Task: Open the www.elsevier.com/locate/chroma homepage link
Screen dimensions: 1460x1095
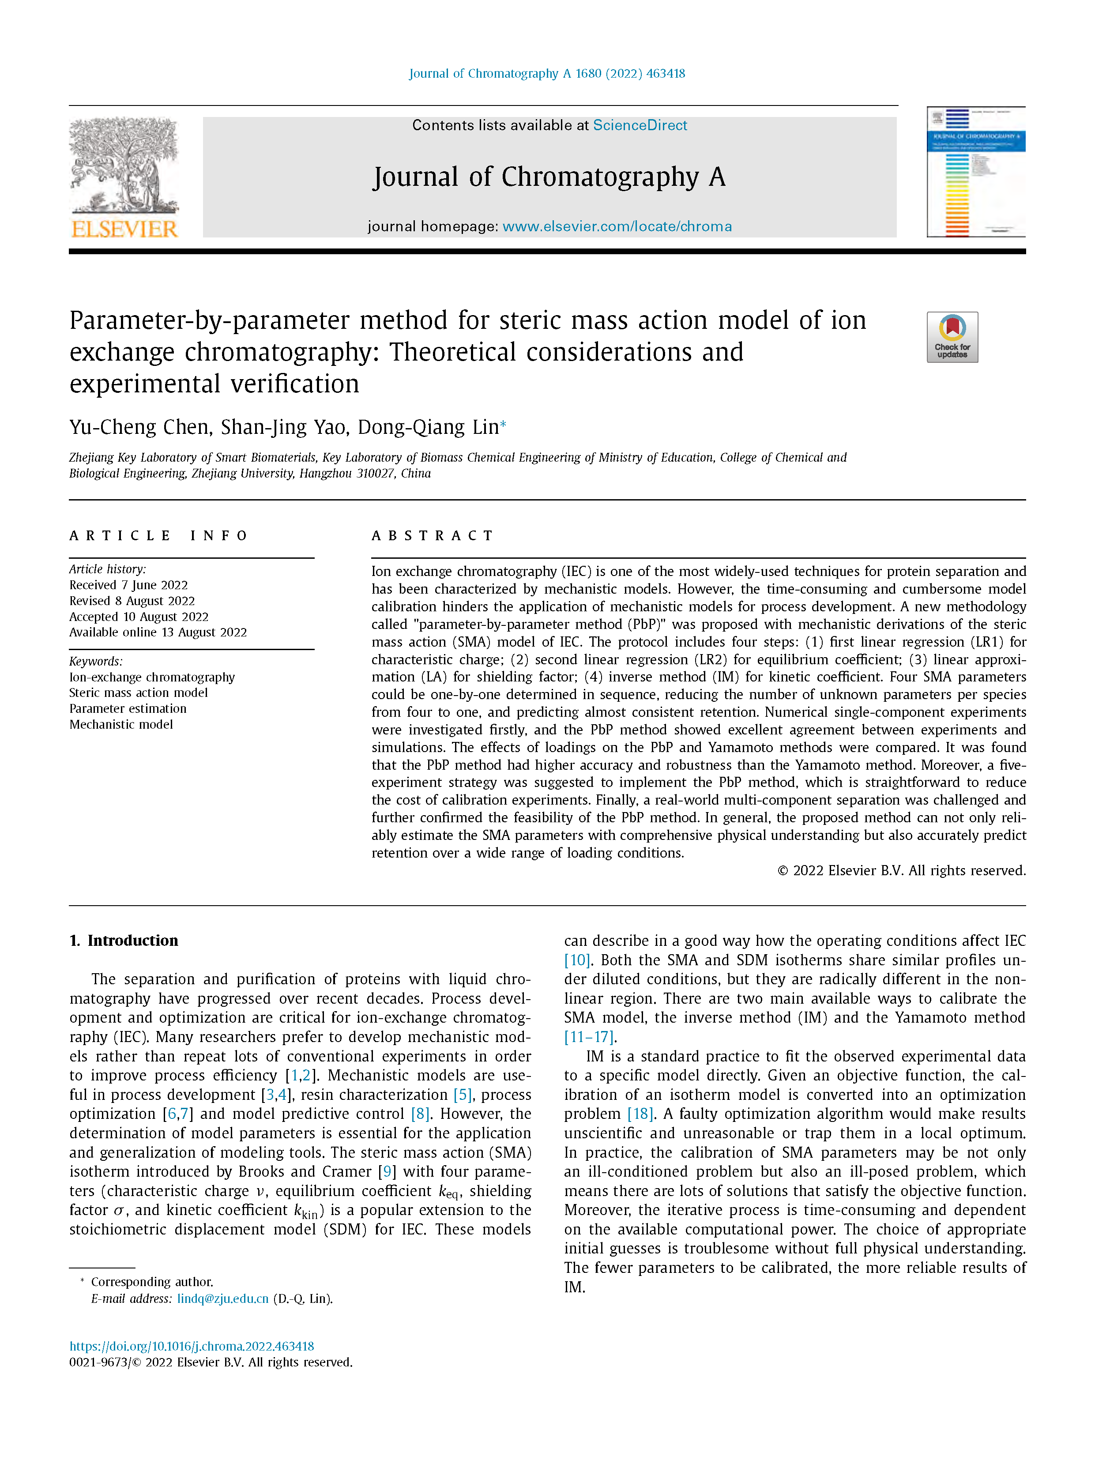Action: [617, 226]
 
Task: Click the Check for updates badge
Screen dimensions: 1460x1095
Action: [952, 337]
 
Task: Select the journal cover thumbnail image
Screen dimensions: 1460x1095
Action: [975, 172]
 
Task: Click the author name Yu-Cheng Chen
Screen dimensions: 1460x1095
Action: [140, 427]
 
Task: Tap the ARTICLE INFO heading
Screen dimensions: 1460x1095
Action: [158, 535]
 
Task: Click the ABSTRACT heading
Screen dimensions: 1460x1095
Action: [433, 535]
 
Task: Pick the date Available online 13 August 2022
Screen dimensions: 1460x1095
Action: [158, 632]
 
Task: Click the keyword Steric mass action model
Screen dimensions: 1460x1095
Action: [138, 692]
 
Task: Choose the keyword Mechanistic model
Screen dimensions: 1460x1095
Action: [121, 724]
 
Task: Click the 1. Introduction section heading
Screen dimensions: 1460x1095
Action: [124, 940]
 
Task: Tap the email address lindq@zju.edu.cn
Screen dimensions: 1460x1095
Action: [222, 1298]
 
